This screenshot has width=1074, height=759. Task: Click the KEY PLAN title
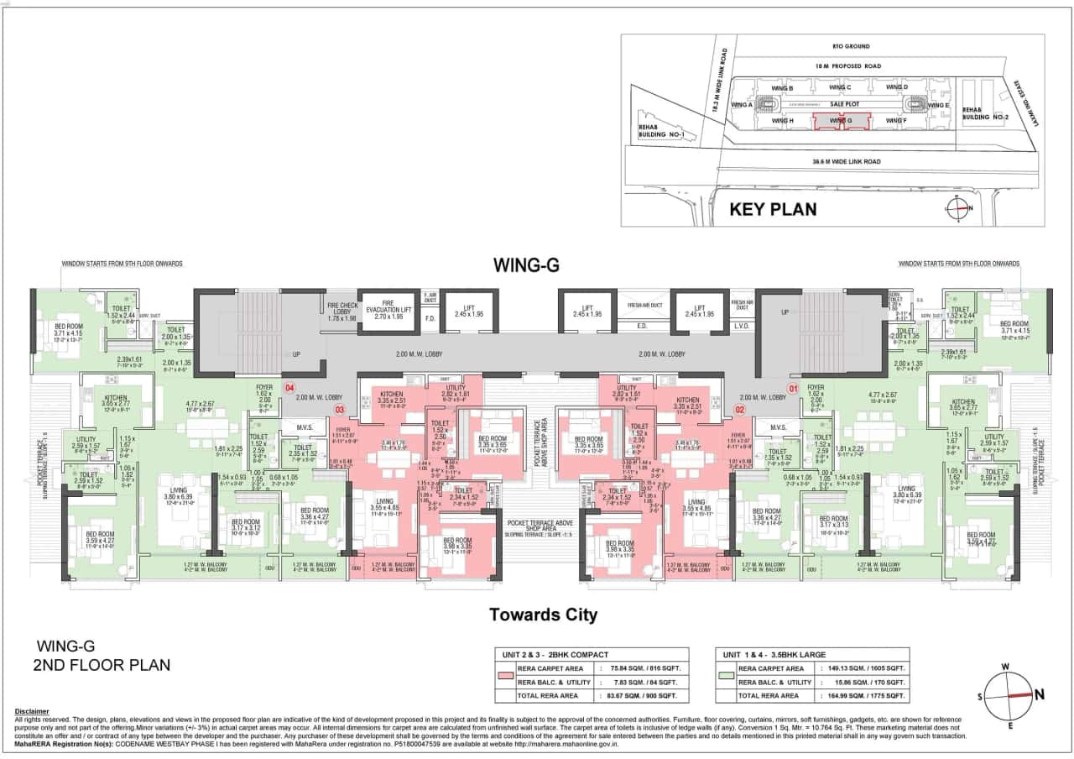772,209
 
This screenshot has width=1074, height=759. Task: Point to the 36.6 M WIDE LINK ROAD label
846,160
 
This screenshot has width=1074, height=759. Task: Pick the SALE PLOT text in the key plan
841,104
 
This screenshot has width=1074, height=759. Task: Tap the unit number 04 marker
289,388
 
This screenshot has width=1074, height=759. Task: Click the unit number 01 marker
790,388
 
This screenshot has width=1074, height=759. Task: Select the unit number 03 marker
340,410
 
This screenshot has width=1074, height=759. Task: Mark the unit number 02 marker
740,410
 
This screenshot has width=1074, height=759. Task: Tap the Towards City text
543,615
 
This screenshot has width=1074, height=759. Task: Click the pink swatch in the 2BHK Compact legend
505,674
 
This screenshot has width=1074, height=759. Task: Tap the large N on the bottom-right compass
1040,694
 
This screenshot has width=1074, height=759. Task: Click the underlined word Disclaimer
32,711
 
